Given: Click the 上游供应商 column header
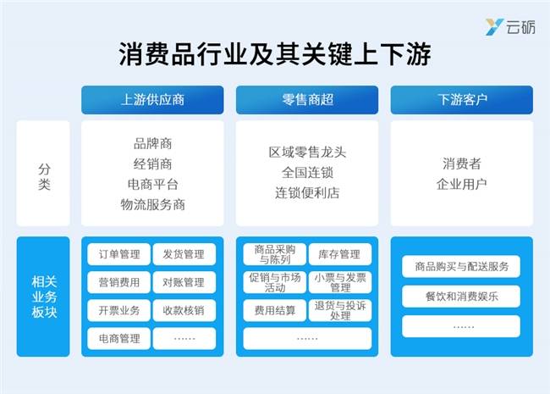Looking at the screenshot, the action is (x=152, y=100).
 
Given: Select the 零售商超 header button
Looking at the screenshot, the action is (x=307, y=100).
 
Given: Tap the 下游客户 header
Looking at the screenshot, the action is (x=462, y=100).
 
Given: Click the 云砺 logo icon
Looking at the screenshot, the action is (x=494, y=27).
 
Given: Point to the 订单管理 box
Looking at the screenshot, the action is (x=119, y=254).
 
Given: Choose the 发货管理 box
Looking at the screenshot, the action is (x=184, y=254).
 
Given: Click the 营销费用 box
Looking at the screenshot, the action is (x=119, y=282).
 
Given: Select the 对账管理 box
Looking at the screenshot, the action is (x=184, y=282).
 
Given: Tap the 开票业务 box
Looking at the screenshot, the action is (x=119, y=310).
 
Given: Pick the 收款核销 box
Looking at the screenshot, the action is (x=184, y=310).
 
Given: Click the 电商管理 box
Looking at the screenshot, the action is (x=119, y=339).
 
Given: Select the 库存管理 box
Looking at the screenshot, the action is (x=340, y=254).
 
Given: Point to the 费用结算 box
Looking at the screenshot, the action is (x=275, y=310).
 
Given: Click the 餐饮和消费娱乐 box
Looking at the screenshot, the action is (x=461, y=297).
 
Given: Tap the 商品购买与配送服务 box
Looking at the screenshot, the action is (x=461, y=267).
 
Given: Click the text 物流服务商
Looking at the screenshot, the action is (x=152, y=205).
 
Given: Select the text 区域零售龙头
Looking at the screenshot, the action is (x=307, y=153).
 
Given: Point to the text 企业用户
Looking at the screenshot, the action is (x=462, y=184).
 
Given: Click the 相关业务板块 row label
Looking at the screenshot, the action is (x=43, y=297).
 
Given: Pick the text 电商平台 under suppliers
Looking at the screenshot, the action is (x=152, y=185).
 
